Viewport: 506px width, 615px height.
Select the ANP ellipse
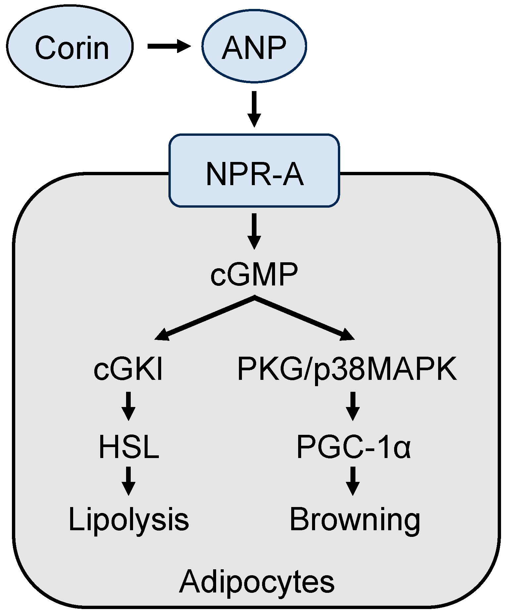click(254, 46)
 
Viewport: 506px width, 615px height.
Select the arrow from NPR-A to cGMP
click(254, 231)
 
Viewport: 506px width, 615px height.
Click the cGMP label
click(254, 275)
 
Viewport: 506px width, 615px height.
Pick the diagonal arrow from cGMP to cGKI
click(205, 319)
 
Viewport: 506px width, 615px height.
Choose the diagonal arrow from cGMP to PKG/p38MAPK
click(304, 319)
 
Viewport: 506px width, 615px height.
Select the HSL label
click(129, 447)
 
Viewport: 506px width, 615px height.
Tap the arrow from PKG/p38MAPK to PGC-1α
click(353, 406)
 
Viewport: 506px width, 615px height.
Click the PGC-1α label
click(353, 447)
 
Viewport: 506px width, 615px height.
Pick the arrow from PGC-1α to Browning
click(353, 481)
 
